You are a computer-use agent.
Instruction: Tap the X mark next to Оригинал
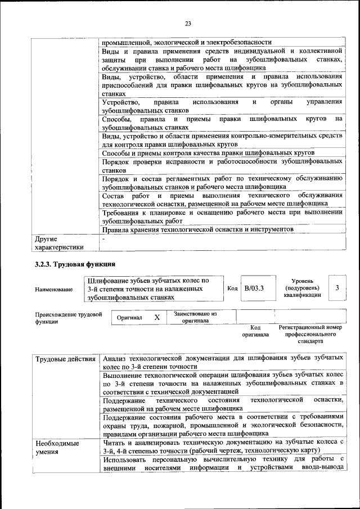[157, 317]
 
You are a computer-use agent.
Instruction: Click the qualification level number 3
[337, 288]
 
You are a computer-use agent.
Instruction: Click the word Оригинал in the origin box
[129, 318]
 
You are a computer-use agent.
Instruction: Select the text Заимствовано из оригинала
[195, 317]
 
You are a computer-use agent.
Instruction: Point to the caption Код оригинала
[255, 331]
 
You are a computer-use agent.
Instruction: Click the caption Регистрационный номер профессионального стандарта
[310, 334]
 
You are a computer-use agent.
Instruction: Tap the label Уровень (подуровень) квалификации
[303, 287]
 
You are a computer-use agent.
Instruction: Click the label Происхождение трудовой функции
[68, 318]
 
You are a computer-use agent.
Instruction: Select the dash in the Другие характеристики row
[104, 238]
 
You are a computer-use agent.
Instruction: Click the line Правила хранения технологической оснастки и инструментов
[198, 230]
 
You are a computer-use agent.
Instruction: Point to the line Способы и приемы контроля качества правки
[208, 154]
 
